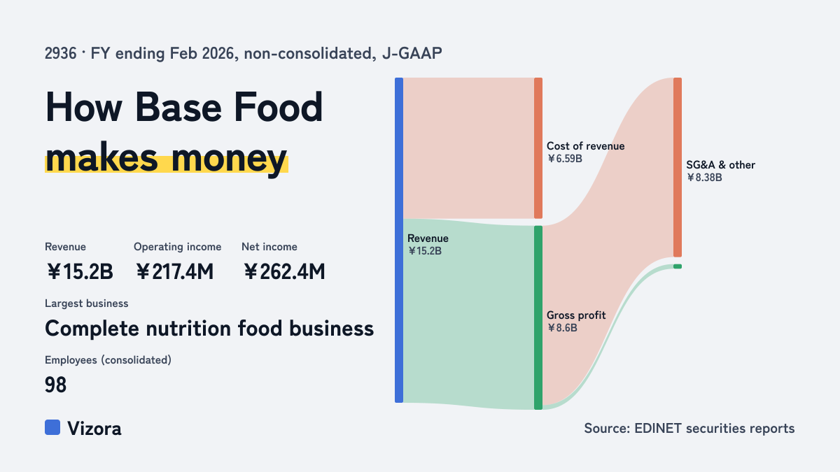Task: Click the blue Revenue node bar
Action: pos(399,240)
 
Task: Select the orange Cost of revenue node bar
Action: pos(538,148)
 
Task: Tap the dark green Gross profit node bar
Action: pos(538,317)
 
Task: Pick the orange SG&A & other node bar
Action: pos(678,167)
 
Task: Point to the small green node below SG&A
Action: pos(678,266)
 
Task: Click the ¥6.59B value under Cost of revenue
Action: pos(564,159)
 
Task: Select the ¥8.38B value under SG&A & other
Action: pos(704,178)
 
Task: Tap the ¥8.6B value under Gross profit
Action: pos(561,328)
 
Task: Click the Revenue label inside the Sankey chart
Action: pos(428,238)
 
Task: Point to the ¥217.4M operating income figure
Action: pos(174,271)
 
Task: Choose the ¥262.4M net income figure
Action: pos(284,271)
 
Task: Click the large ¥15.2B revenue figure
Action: pos(80,271)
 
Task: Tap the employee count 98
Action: pos(55,385)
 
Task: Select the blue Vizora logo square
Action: pos(52,427)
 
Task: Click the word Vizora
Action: pos(94,429)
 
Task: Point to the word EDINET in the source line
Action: pos(658,428)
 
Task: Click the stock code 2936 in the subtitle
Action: pos(60,54)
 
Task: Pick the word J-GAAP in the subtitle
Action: pos(412,54)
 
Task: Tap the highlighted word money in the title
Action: pos(229,159)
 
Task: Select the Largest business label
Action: pos(87,303)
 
